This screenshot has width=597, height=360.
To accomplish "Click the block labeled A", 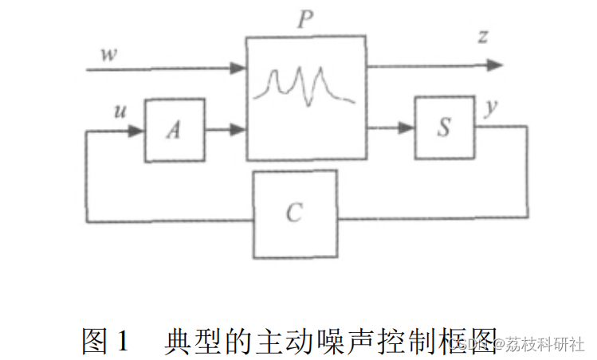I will click(x=174, y=130).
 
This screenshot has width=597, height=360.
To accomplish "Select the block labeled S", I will click(x=444, y=127).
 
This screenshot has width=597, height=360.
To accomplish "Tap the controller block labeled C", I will click(x=294, y=213).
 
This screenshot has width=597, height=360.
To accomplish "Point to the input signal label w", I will click(x=107, y=55).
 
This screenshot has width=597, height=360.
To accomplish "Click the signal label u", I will click(x=120, y=111).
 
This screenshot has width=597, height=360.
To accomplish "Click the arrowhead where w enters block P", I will click(x=238, y=69).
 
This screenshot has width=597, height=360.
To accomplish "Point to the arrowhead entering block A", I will click(x=136, y=130).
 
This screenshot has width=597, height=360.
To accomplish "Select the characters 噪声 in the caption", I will click(x=336, y=341).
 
